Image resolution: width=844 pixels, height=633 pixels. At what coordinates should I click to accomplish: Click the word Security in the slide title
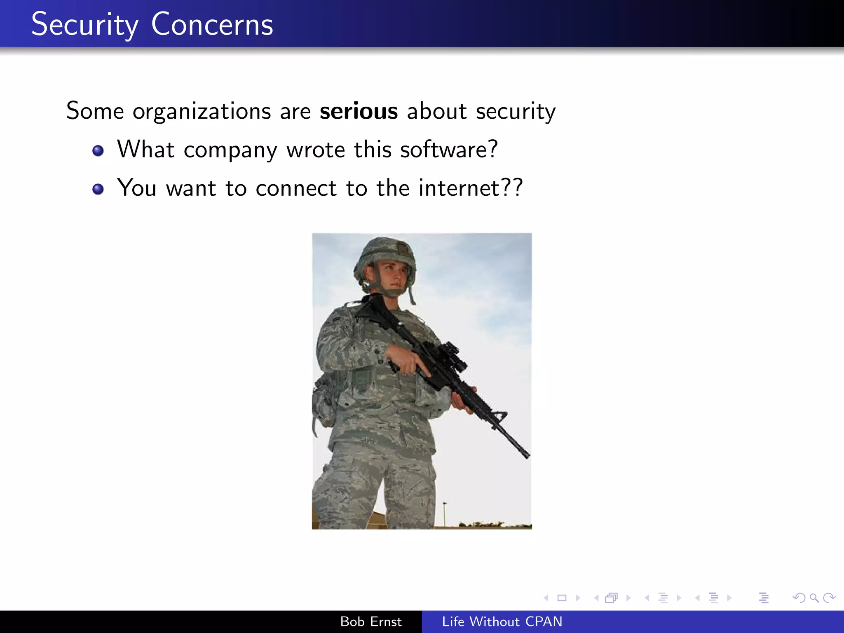[x=84, y=25]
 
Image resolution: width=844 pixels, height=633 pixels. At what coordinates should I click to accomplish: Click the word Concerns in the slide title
[x=212, y=25]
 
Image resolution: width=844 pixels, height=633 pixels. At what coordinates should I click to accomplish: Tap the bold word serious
[x=359, y=111]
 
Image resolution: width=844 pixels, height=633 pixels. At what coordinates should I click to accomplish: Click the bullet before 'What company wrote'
[x=98, y=151]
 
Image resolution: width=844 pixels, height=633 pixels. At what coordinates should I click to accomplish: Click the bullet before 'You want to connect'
[x=98, y=189]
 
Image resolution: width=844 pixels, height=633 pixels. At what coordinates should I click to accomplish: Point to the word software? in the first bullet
[x=449, y=149]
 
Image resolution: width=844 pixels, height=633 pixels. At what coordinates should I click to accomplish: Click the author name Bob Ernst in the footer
[x=370, y=621]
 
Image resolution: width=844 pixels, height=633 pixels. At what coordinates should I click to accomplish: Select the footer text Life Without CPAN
[x=502, y=621]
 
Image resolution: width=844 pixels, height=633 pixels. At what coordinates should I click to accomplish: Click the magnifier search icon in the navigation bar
[x=814, y=598]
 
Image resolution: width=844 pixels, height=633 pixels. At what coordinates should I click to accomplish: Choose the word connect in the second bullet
[x=296, y=188]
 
